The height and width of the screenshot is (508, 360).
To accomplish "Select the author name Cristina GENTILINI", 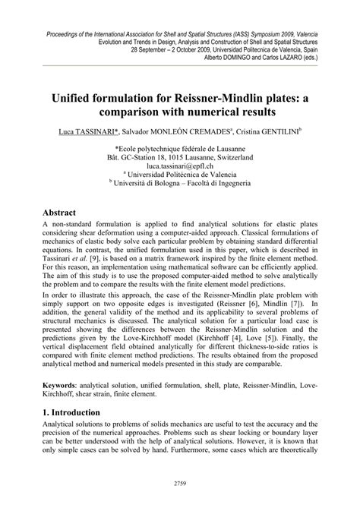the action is pyautogui.click(x=266, y=131).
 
